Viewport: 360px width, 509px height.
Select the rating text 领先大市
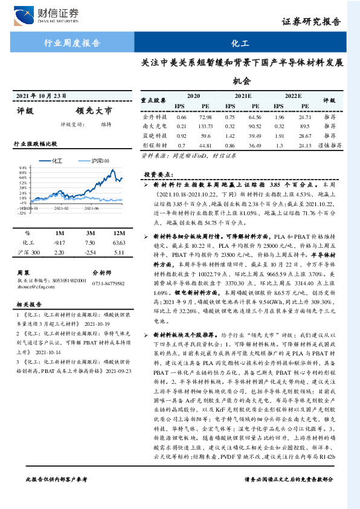click(x=94, y=111)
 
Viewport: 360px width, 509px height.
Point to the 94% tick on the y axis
click(x=22, y=167)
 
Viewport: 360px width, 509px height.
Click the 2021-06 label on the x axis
click(x=91, y=208)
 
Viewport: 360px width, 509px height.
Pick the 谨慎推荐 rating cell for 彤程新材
click(x=330, y=146)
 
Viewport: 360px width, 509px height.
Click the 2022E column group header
click(x=292, y=96)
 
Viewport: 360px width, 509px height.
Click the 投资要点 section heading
click(x=159, y=174)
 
